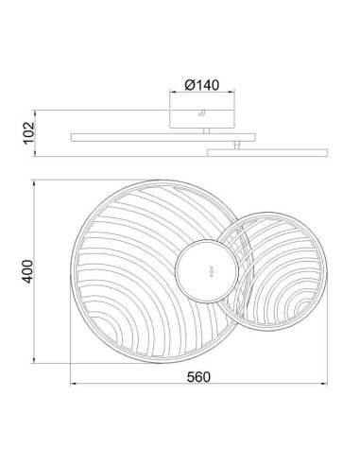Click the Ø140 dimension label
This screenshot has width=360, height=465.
pyautogui.click(x=202, y=85)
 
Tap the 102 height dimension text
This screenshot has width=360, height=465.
pyautogui.click(x=29, y=132)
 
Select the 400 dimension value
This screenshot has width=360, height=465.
pyautogui.click(x=26, y=271)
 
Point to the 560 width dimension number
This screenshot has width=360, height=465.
pyautogui.click(x=198, y=377)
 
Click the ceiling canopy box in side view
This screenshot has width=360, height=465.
pyautogui.click(x=202, y=119)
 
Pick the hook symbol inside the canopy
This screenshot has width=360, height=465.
pyautogui.click(x=201, y=113)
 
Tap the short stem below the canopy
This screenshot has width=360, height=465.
pyautogui.click(x=206, y=130)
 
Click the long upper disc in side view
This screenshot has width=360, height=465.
pyautogui.click(x=163, y=137)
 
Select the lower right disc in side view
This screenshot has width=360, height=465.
pyautogui.click(x=267, y=152)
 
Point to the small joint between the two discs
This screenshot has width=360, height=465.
pyautogui.click(x=236, y=146)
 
